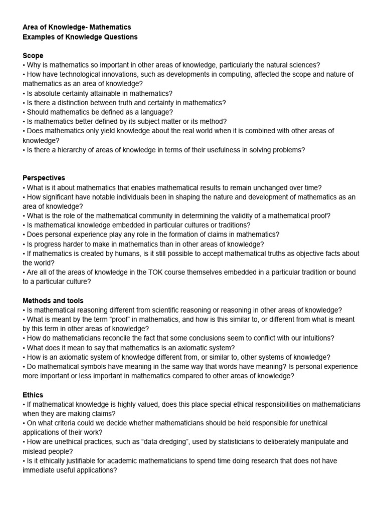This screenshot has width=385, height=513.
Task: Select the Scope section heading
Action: (x=33, y=56)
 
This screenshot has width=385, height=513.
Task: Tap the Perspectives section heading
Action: (x=44, y=178)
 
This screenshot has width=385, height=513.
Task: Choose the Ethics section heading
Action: (x=33, y=395)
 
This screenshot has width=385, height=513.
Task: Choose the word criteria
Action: (x=68, y=423)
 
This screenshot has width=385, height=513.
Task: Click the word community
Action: (x=157, y=215)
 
